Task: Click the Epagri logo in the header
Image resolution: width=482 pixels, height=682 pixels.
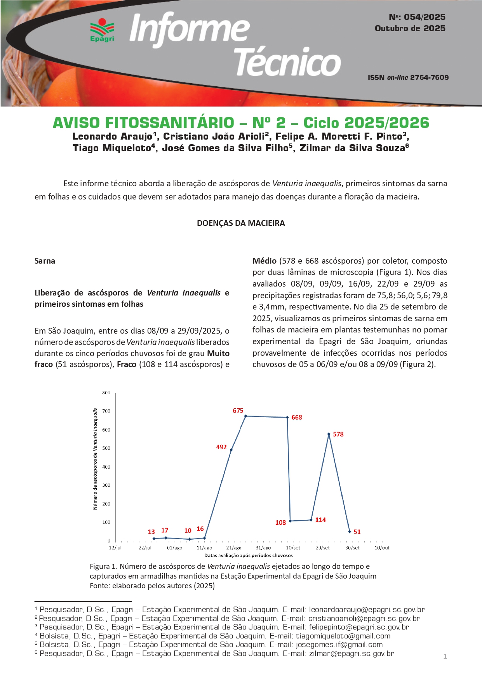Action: pos(102,30)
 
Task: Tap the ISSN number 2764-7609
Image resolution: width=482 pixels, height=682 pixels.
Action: pos(429,77)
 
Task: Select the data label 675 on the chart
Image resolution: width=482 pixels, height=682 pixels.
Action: pos(238,411)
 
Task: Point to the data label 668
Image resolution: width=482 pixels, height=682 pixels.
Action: pos(297,417)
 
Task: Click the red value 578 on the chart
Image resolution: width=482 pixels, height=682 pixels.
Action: pos(338,434)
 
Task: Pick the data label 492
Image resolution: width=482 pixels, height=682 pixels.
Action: pos(221,447)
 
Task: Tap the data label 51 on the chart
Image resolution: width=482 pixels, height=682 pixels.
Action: pos(357,532)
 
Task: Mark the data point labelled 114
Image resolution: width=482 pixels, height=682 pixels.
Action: pos(311,520)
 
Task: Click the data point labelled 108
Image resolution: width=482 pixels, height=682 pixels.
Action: pos(290,521)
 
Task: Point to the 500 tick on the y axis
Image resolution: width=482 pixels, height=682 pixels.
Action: pos(106,448)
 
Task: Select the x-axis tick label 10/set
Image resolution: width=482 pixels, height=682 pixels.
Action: pos(293,548)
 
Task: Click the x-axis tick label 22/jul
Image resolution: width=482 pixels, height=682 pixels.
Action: pos(145,548)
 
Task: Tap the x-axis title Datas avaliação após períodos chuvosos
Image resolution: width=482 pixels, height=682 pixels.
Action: pos(249,556)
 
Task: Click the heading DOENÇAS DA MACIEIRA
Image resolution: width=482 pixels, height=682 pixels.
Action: pos(241,223)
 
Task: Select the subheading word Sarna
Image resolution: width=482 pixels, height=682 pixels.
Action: pos(45,261)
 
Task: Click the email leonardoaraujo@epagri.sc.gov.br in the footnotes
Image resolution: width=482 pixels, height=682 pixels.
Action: pos(367,610)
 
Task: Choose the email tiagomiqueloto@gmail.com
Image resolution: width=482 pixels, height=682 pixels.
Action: pos(343,636)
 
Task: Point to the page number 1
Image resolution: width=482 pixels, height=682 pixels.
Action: pos(445,657)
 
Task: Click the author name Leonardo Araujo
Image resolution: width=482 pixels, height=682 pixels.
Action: pos(112,136)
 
